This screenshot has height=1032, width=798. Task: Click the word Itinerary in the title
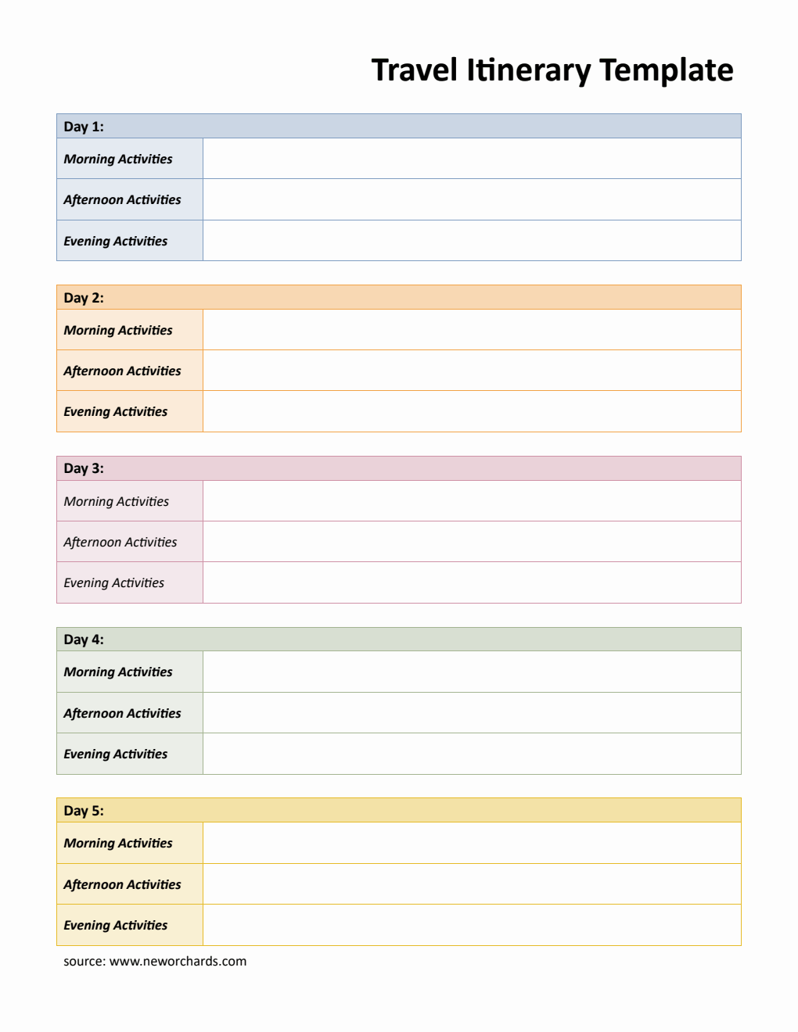[529, 70]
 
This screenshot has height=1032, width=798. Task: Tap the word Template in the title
[667, 70]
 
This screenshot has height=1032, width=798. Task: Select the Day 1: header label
[84, 127]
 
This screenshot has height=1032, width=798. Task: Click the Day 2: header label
[84, 298]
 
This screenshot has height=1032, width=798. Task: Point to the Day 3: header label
[84, 468]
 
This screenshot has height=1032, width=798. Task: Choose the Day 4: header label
[84, 640]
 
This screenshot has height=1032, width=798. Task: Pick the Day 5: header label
[84, 811]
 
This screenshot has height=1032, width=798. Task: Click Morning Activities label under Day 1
[118, 159]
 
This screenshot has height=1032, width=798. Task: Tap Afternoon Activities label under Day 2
[122, 371]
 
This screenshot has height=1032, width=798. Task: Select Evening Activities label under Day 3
[114, 582]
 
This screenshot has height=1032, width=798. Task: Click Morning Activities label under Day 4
[118, 672]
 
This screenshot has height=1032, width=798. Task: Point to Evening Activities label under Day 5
[116, 925]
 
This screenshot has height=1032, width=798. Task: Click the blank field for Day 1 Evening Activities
[472, 241]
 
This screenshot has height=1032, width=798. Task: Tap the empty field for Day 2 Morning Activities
[472, 330]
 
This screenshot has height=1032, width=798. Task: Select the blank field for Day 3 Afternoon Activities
[472, 542]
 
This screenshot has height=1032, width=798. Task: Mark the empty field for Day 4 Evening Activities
[472, 754]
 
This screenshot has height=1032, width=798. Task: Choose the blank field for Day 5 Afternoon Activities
[472, 884]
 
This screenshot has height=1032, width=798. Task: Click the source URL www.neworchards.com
[178, 961]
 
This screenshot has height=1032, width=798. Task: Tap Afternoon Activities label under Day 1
[122, 199]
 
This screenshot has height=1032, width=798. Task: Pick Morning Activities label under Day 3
[117, 501]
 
